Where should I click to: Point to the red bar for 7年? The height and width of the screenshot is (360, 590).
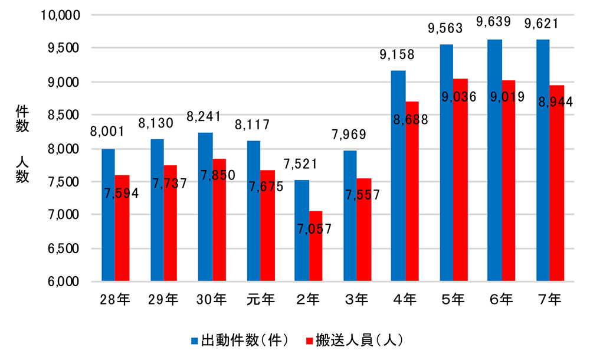(556, 184)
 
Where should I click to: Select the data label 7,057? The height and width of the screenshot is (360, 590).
(316, 228)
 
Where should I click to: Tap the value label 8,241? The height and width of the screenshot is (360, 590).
(205, 116)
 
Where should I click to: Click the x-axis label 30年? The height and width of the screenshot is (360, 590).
(211, 300)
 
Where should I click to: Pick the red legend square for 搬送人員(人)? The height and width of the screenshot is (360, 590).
(309, 341)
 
